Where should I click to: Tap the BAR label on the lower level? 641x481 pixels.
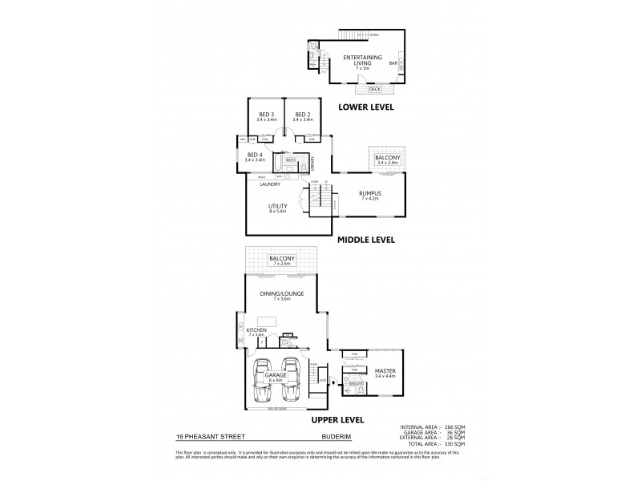click(x=393, y=62)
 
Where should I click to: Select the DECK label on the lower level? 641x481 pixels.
click(x=364, y=89)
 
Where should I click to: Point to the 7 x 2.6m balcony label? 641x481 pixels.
click(x=284, y=260)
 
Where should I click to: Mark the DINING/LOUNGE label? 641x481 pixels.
click(x=284, y=296)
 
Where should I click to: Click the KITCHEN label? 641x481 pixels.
click(x=256, y=331)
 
